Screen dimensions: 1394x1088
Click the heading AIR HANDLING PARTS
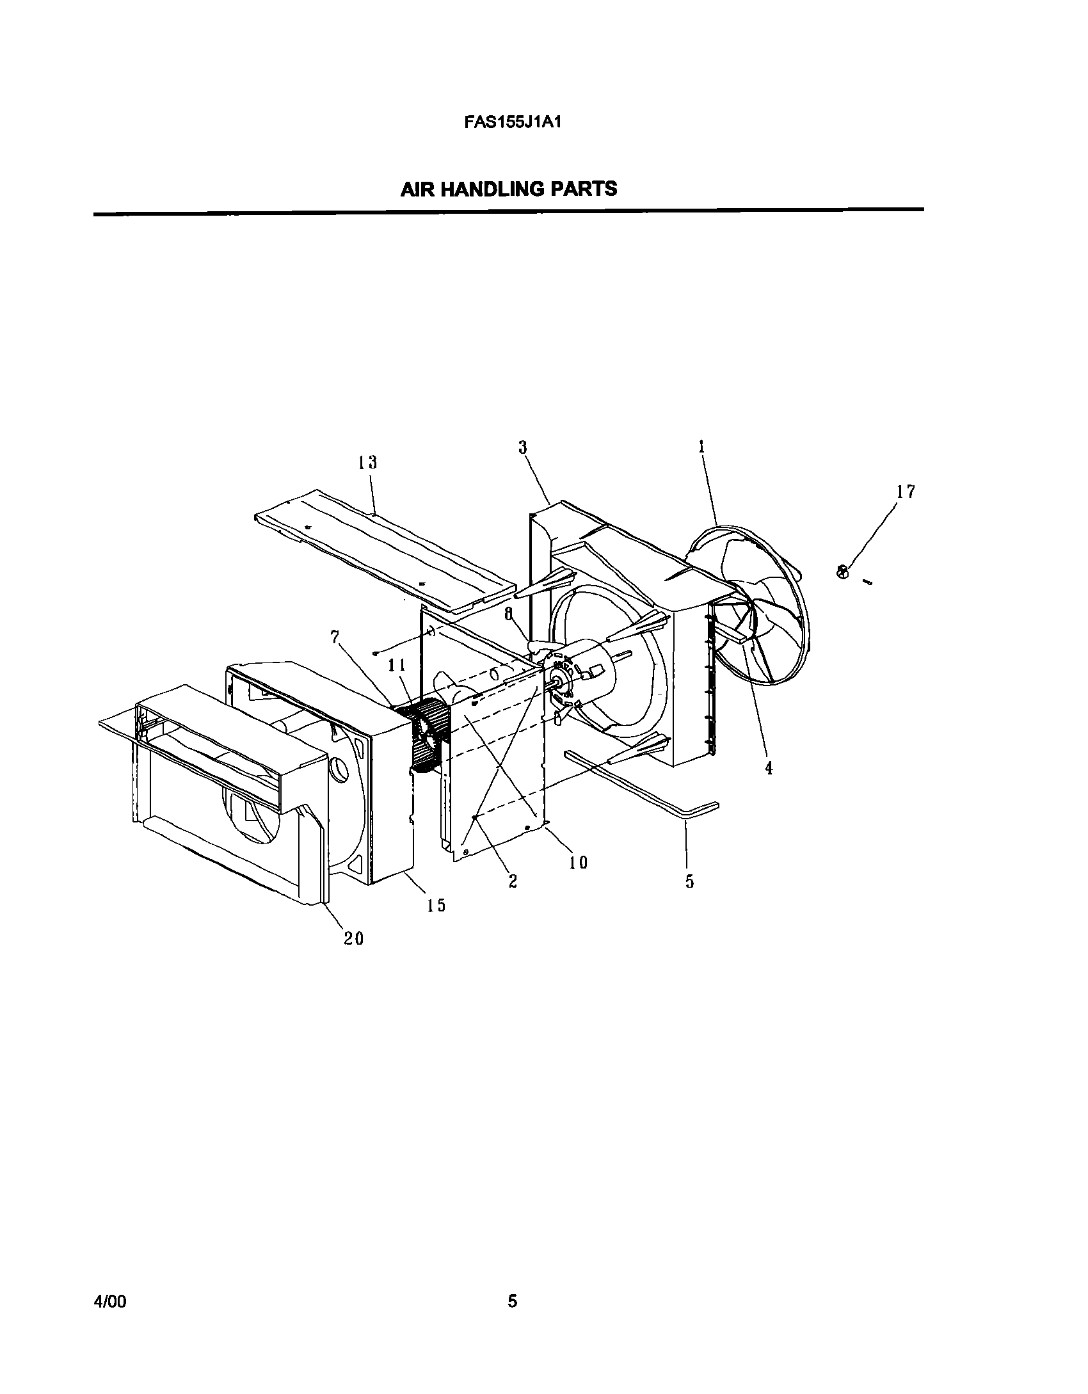tap(509, 189)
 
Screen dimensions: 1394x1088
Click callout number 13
tap(367, 462)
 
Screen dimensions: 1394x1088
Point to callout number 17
tap(906, 492)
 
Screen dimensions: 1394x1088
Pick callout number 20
tap(353, 938)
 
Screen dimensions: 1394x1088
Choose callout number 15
tap(436, 905)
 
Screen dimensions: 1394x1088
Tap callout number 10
tap(578, 863)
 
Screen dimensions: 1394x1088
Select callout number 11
tap(397, 666)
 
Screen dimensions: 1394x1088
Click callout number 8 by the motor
tap(509, 614)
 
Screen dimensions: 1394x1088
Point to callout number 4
tap(769, 768)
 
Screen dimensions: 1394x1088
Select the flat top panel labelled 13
tap(384, 550)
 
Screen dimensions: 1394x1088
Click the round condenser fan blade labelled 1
tap(755, 614)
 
